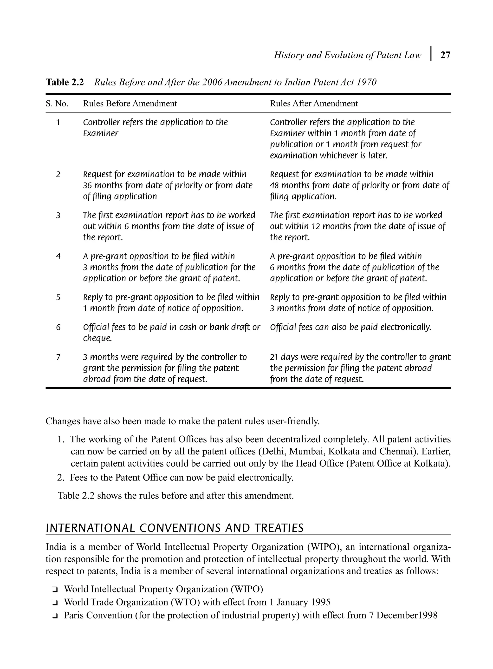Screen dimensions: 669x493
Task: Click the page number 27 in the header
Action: point(445,55)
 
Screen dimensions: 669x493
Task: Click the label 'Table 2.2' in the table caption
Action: point(65,82)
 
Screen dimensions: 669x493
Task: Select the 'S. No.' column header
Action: point(57,104)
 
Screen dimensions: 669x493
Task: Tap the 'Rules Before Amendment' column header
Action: point(130,104)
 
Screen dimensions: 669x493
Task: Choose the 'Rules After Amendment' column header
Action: point(314,104)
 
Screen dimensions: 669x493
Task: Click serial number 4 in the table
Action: point(58,256)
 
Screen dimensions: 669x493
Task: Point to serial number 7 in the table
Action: point(58,357)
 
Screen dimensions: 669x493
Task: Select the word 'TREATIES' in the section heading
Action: point(279,528)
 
